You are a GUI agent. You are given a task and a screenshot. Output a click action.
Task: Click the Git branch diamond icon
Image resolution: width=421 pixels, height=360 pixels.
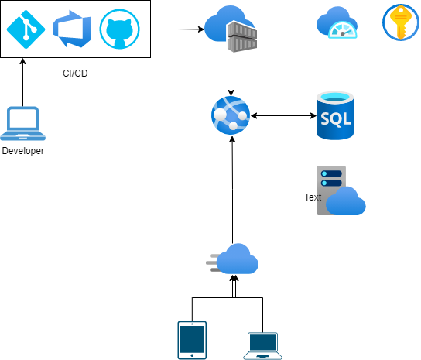[x=26, y=29]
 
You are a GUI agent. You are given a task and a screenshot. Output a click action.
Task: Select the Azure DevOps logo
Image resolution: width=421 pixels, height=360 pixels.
[x=72, y=29]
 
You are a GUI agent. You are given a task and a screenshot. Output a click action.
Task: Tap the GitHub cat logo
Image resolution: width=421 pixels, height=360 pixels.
[x=119, y=29]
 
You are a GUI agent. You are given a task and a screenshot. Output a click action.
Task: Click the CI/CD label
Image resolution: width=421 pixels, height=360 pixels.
[x=75, y=74]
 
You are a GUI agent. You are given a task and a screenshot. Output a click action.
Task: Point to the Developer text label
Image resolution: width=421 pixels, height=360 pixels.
[x=23, y=151]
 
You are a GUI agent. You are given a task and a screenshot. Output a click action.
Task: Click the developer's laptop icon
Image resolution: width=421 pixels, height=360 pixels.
[x=22, y=123]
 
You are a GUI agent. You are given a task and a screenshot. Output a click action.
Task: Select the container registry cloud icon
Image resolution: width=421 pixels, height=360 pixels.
[x=231, y=29]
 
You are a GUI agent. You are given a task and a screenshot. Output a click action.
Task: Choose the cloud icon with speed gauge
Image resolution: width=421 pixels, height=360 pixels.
[x=337, y=22]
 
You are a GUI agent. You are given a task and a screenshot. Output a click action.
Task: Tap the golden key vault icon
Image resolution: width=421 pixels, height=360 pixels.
[x=401, y=22]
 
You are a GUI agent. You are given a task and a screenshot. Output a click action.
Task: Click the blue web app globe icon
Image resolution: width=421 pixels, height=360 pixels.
[x=231, y=115]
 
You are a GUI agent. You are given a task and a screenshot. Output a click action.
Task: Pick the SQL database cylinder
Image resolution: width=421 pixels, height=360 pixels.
[x=335, y=115]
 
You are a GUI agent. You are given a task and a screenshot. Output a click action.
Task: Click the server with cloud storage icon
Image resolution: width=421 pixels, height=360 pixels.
[x=341, y=190]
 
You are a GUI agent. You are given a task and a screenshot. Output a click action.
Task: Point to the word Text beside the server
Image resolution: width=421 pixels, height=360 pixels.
[x=313, y=197]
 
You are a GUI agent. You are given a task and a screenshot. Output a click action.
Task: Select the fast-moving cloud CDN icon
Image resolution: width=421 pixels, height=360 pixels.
[x=232, y=259]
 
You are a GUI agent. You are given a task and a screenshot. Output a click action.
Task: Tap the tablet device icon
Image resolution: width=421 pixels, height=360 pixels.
[x=192, y=340]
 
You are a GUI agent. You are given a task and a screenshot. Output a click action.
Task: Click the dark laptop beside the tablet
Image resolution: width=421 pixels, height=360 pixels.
[x=262, y=346]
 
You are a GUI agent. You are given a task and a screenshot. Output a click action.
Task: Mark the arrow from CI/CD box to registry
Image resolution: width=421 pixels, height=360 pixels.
[x=177, y=29]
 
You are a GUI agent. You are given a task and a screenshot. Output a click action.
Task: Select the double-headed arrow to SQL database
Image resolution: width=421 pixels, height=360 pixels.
[x=283, y=116]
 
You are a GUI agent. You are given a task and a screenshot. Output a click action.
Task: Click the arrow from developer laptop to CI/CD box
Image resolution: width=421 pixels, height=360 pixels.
[x=22, y=82]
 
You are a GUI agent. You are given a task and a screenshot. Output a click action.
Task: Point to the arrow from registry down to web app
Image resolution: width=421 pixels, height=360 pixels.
[x=231, y=74]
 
